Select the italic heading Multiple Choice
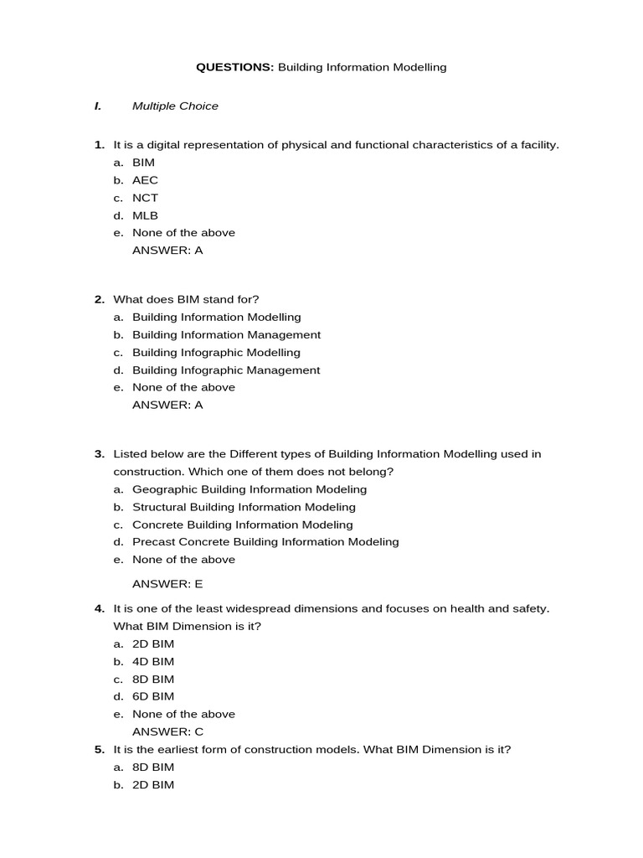pyautogui.click(x=175, y=106)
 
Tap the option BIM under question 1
pyautogui.click(x=143, y=163)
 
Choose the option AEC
pyautogui.click(x=145, y=180)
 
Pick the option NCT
pyautogui.click(x=145, y=198)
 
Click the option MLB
pyautogui.click(x=145, y=215)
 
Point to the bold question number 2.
pyautogui.click(x=99, y=299)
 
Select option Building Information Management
pyautogui.click(x=226, y=335)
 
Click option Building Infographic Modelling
pyautogui.click(x=216, y=353)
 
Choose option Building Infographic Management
pyautogui.click(x=226, y=370)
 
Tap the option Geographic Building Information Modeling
pyautogui.click(x=249, y=489)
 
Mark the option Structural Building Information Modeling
pyautogui.click(x=244, y=507)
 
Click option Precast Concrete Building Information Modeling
pyautogui.click(x=265, y=542)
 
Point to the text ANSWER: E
pyautogui.click(x=167, y=584)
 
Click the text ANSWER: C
pyautogui.click(x=167, y=731)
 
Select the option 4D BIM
pyautogui.click(x=153, y=662)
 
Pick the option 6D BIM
pyautogui.click(x=153, y=696)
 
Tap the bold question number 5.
pyautogui.click(x=99, y=749)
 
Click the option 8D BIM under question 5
pyautogui.click(x=153, y=767)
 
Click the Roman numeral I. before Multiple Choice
pyautogui.click(x=98, y=106)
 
